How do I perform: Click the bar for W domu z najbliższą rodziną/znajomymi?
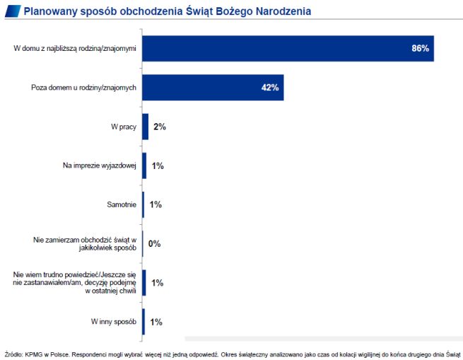288,49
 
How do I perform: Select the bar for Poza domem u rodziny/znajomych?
213,88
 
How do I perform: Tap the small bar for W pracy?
146,127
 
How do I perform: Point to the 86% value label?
421,49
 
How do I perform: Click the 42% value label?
270,88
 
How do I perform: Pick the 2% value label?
159,127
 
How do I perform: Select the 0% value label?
155,244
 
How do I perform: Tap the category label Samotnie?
120,205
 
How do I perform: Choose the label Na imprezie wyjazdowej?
100,166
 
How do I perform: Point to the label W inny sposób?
113,322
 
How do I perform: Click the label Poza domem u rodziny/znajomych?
84,88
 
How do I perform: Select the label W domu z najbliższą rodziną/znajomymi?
76,49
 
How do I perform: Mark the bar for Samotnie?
143,205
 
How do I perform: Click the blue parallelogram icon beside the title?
11,11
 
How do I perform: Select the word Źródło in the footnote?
13,353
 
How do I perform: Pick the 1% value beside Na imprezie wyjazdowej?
158,166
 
